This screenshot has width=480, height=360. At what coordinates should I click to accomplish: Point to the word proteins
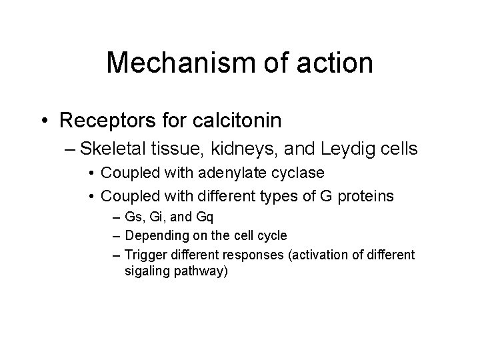pos(364,196)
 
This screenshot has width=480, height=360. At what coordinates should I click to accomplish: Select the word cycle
pos(272,235)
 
